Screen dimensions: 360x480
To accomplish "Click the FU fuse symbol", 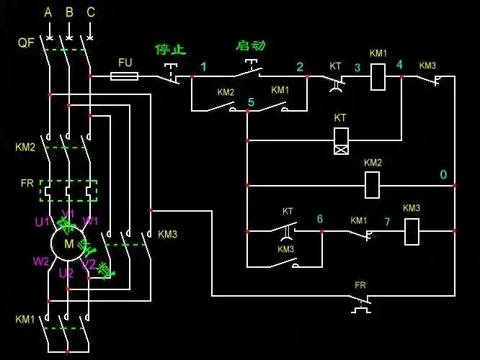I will [x=125, y=76].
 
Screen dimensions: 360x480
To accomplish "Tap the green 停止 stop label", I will [x=170, y=50].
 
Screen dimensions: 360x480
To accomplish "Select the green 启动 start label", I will [x=250, y=45].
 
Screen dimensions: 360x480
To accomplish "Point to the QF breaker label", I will [x=26, y=43].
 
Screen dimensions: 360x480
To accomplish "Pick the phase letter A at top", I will [x=48, y=12].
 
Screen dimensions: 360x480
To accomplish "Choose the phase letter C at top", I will [x=90, y=12].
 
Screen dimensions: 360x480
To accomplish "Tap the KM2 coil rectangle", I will [x=373, y=185].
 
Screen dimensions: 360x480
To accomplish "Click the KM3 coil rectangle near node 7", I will [x=412, y=231].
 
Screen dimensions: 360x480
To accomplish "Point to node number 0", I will [x=443, y=175].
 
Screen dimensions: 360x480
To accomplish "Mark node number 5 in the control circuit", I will [x=251, y=102].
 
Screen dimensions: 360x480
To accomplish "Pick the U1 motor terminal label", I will [x=43, y=222].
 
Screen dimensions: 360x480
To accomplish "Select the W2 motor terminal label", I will [x=40, y=261].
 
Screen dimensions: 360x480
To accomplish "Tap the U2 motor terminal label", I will [x=66, y=274].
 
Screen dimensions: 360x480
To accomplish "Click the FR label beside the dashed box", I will [x=27, y=183].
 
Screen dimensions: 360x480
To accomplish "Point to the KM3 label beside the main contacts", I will [x=167, y=235].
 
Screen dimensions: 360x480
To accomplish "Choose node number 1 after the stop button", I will [x=203, y=67].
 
